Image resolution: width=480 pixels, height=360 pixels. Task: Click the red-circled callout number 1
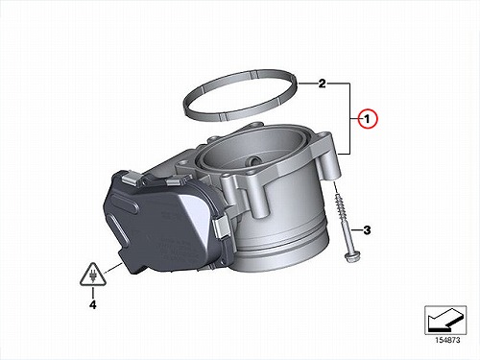pos(368,119)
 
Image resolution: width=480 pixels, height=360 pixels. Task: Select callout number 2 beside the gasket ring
pos(322,84)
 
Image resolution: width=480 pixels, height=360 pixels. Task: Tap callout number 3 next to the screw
pos(367,230)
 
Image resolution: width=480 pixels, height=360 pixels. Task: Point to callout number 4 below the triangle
pos(92,304)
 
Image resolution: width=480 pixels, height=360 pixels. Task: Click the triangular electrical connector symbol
pos(93,275)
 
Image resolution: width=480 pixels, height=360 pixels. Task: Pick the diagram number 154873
pos(447,340)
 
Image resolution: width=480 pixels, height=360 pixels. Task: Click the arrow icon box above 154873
pos(445,320)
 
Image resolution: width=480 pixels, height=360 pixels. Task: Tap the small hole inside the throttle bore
pos(255,159)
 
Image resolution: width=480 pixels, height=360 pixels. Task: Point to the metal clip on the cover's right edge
pos(221,228)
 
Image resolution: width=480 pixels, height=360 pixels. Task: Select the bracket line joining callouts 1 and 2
pos(349,119)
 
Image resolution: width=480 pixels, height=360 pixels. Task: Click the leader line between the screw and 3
pos(356,230)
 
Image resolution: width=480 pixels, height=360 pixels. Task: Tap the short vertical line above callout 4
pos(93,293)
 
